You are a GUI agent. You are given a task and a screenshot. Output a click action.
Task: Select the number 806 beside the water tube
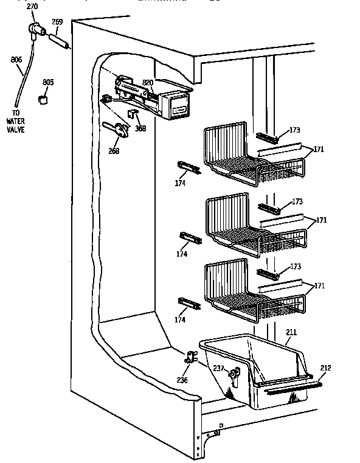tap(16, 60)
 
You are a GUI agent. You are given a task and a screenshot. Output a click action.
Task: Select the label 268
tap(113, 151)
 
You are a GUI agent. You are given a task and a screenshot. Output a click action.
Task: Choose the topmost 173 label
tap(295, 131)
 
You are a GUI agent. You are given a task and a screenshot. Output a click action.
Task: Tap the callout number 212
tap(325, 367)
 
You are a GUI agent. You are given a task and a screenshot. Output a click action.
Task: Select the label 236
tap(182, 381)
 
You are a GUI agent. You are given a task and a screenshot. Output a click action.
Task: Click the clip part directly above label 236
tap(190, 359)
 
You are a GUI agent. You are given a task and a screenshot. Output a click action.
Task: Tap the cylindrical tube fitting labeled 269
tap(58, 42)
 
